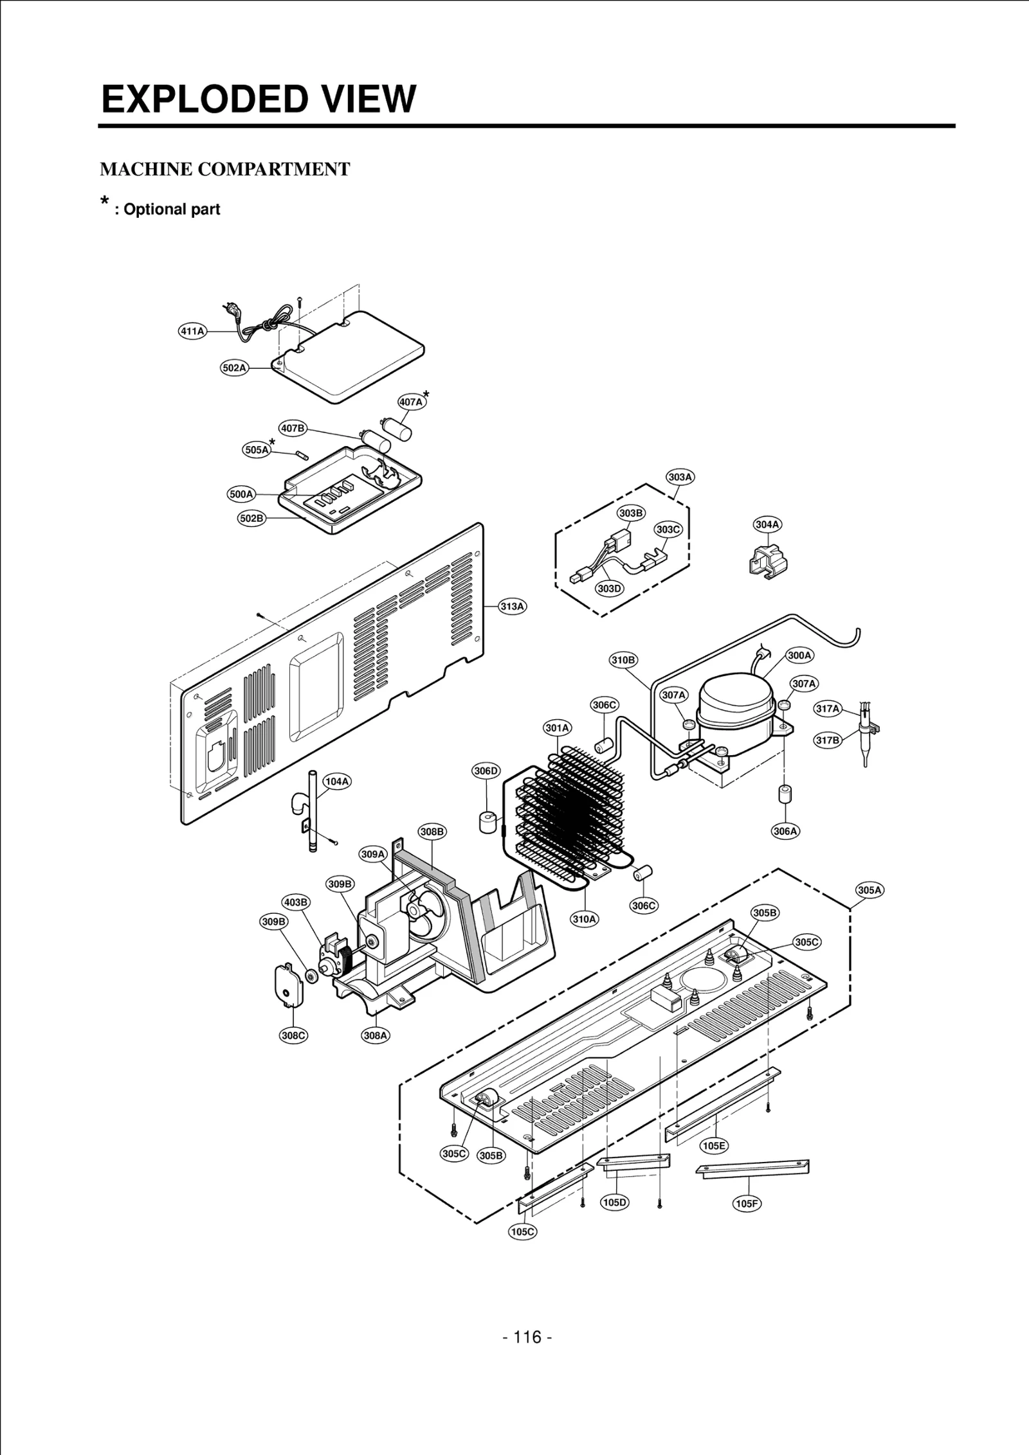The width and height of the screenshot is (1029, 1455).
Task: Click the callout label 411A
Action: click(x=192, y=332)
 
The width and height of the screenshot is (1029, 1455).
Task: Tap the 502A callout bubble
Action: click(x=234, y=368)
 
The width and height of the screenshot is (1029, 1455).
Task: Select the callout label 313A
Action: click(x=513, y=606)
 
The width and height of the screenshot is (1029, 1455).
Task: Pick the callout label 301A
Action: click(x=558, y=728)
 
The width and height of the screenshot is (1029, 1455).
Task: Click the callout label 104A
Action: click(x=336, y=781)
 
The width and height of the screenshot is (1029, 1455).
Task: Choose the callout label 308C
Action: click(x=293, y=1035)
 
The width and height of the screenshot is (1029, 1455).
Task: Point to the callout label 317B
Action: click(x=828, y=740)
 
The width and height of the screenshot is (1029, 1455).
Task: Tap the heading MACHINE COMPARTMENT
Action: click(x=225, y=170)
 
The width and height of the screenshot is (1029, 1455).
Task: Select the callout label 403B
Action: click(x=296, y=902)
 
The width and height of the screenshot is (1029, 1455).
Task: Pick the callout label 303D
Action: click(x=609, y=588)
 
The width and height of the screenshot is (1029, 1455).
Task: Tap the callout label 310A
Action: click(x=585, y=919)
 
